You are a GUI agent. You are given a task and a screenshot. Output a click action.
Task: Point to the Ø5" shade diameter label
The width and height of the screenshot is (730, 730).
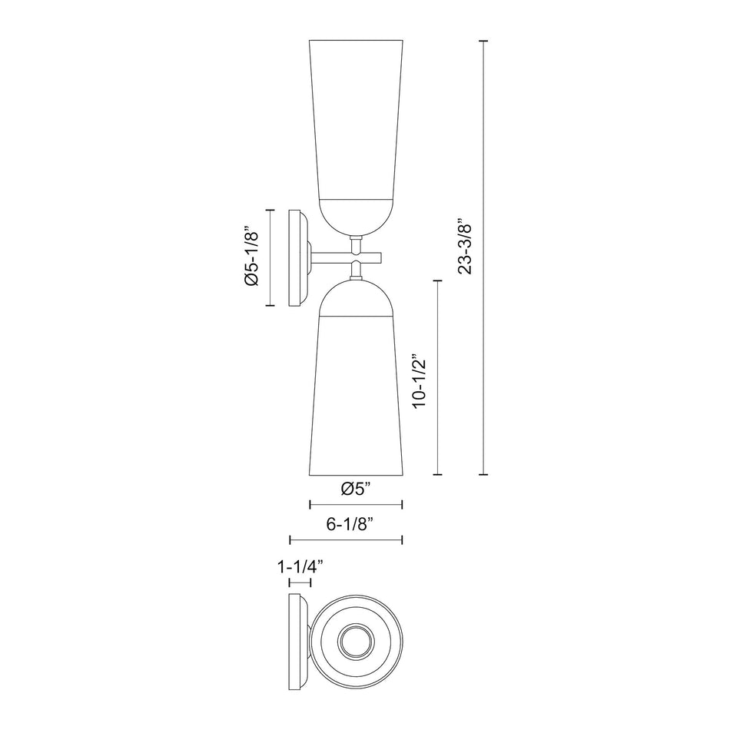click(355, 488)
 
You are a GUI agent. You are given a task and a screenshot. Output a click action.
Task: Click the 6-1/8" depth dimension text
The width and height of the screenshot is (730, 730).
click(350, 525)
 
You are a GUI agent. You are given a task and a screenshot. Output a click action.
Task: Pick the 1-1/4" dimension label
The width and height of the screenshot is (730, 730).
click(300, 567)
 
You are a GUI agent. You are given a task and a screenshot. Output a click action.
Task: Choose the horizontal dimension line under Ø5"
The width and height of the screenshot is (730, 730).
click(355, 505)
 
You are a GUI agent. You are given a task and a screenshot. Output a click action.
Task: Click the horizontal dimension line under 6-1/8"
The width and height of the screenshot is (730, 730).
click(346, 540)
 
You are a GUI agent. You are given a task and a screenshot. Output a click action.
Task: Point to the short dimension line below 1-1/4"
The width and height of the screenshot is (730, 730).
click(300, 584)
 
